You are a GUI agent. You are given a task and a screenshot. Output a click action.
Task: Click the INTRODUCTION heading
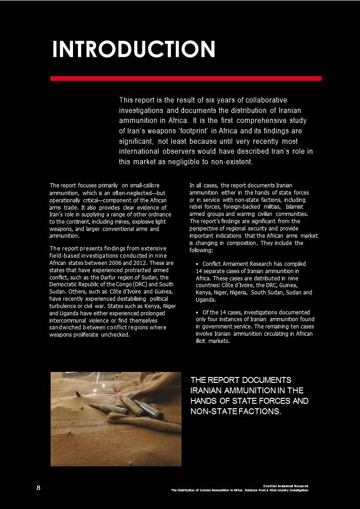pyautogui.click(x=134, y=49)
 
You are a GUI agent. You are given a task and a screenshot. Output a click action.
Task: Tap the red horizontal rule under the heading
pyautogui.click(x=185, y=78)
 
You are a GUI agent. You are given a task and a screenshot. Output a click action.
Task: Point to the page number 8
pyautogui.click(x=39, y=487)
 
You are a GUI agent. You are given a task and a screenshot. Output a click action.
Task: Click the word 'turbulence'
pyautogui.click(x=63, y=306)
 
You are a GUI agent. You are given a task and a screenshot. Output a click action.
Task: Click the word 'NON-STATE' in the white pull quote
pyautogui.click(x=212, y=411)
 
